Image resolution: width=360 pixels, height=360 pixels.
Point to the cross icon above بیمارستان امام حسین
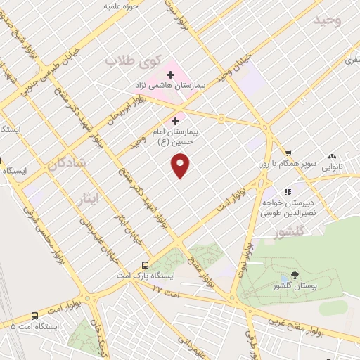(175, 122)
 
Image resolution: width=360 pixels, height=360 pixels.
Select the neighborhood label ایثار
(108, 198)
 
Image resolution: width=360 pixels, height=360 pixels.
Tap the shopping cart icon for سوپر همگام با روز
(288, 153)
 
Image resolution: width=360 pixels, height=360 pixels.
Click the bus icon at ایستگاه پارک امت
(145, 265)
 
